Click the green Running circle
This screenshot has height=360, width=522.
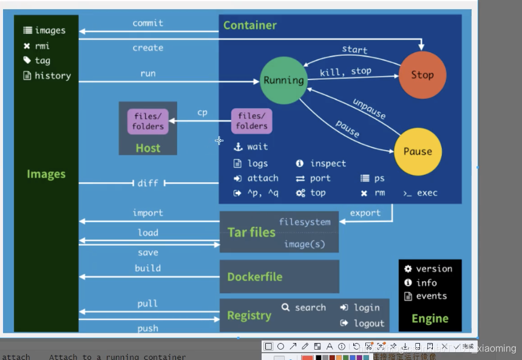(x=283, y=80)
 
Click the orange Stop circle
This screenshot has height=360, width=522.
(x=422, y=75)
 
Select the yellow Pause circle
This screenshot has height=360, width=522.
(x=417, y=151)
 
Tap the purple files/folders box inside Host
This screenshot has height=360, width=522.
(x=148, y=121)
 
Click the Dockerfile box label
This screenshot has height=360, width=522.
(x=254, y=277)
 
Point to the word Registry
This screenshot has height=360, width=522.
(x=249, y=316)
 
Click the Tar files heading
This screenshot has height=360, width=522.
(x=251, y=233)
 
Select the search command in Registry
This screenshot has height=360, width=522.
(x=310, y=308)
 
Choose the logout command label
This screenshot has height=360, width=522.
(x=368, y=324)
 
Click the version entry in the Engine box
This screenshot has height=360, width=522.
(x=433, y=269)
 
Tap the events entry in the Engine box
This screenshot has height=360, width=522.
(x=431, y=296)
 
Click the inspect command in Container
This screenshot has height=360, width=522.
(x=328, y=163)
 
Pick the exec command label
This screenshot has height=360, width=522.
(x=427, y=193)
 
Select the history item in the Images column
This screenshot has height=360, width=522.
(x=52, y=76)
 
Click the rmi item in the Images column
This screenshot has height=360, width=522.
(x=42, y=46)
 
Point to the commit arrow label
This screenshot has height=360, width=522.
(x=148, y=23)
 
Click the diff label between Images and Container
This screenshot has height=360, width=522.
(x=148, y=183)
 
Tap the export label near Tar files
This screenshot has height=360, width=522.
(x=365, y=213)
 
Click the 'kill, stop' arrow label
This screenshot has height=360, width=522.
(x=345, y=72)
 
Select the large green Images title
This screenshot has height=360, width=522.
(x=46, y=174)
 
